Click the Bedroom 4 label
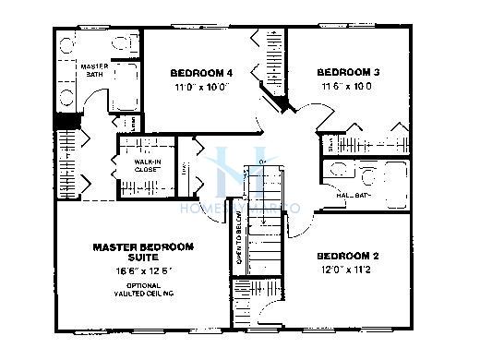pyautogui.click(x=199, y=72)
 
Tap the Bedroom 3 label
pyautogui.click(x=348, y=71)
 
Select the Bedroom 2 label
pyautogui.click(x=348, y=256)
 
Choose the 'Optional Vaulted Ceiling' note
pyautogui.click(x=143, y=291)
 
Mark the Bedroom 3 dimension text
pyautogui.click(x=348, y=86)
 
